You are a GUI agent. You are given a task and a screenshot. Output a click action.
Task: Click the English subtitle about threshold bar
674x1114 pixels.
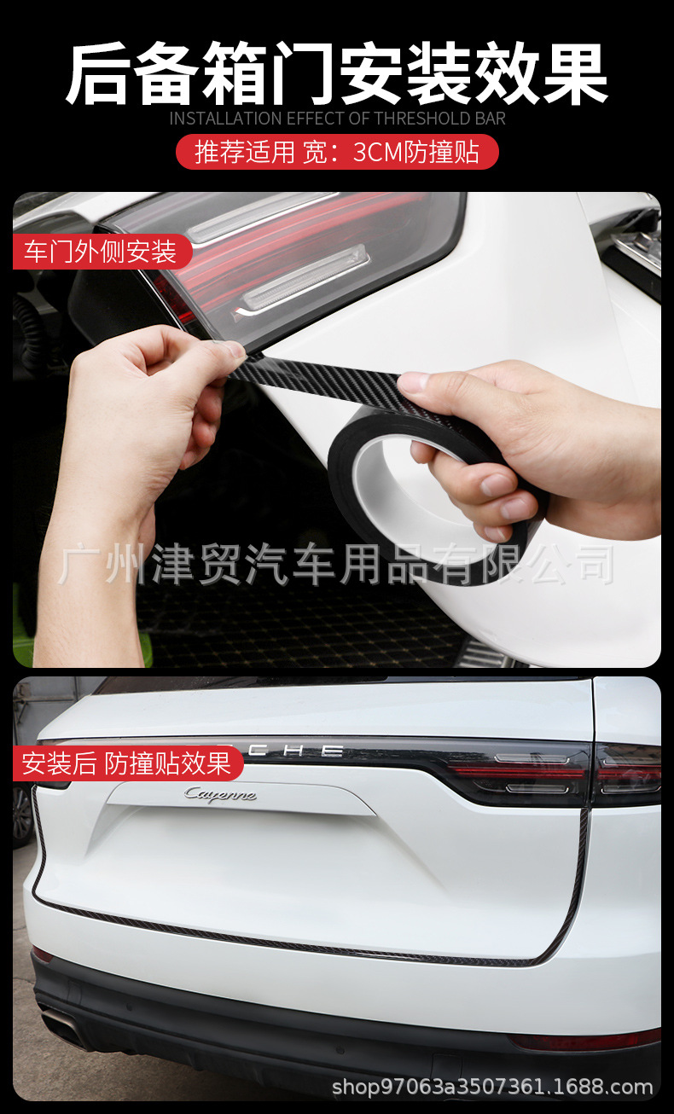[337, 119]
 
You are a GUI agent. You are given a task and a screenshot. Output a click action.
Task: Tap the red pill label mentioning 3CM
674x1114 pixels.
[337, 153]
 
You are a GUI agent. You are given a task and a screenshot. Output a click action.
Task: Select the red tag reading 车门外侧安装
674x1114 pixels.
[101, 252]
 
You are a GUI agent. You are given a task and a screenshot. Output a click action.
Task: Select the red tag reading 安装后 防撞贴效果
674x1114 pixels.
[127, 763]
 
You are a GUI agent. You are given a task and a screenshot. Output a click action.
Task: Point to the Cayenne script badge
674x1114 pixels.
[219, 795]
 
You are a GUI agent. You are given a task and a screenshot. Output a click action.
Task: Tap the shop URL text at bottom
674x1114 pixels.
[492, 1087]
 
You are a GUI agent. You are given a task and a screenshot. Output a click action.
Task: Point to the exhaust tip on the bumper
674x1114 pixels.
[64, 1024]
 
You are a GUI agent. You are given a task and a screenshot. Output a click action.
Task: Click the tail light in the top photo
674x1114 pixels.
[282, 256]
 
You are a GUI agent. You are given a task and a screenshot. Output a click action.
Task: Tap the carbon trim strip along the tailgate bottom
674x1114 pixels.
[299, 943]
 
